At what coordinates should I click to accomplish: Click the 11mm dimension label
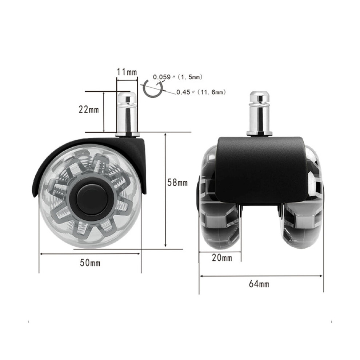click(127, 72)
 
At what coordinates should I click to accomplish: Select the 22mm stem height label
click(89, 109)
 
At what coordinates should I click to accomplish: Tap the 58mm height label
click(177, 183)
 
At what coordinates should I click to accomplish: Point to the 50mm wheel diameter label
click(90, 263)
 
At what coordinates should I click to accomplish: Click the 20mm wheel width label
click(222, 258)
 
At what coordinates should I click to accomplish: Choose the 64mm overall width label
click(259, 284)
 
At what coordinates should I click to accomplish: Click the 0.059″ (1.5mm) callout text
click(178, 77)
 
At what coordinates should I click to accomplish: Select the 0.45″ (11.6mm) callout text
click(201, 92)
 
